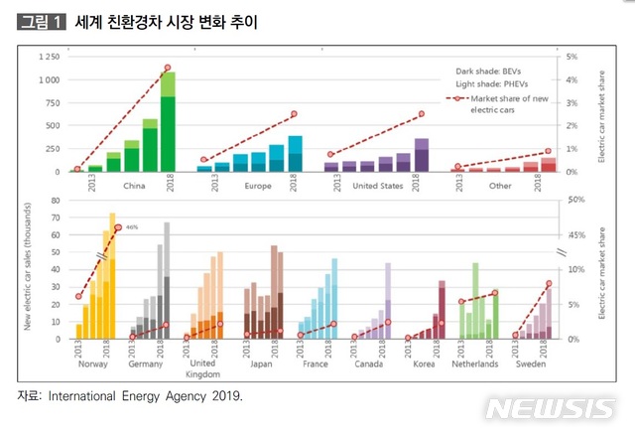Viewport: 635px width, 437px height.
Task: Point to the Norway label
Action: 92,364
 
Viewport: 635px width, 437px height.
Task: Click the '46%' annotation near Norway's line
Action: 131,227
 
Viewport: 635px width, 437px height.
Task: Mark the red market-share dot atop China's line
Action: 168,68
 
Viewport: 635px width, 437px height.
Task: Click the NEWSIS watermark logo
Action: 552,408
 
